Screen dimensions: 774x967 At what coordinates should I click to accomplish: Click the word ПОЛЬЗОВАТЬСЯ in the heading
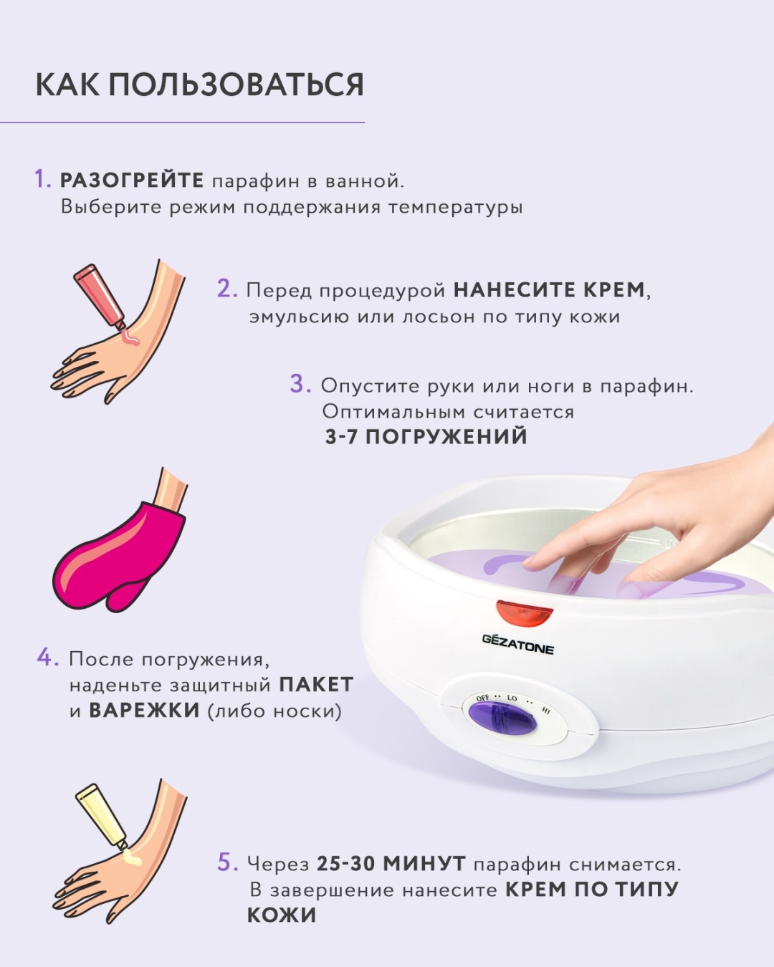pyautogui.click(x=236, y=85)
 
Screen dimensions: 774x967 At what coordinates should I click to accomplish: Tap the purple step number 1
pyautogui.click(x=43, y=180)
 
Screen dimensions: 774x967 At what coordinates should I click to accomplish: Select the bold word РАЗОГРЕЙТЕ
pyautogui.click(x=132, y=181)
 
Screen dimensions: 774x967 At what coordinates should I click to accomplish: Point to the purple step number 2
pyautogui.click(x=227, y=289)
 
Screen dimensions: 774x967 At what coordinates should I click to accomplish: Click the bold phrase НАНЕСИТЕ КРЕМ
pyautogui.click(x=549, y=290)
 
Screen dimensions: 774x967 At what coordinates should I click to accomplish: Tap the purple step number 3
pyautogui.click(x=300, y=384)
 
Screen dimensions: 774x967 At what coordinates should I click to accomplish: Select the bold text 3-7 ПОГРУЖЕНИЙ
pyautogui.click(x=426, y=436)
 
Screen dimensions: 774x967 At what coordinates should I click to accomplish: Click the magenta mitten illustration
pyautogui.click(x=118, y=556)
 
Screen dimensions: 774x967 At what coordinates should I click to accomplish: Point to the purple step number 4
pyautogui.click(x=48, y=658)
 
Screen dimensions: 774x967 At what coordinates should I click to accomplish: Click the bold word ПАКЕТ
pyautogui.click(x=316, y=685)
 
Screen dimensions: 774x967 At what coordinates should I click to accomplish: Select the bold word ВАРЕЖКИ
pyautogui.click(x=144, y=711)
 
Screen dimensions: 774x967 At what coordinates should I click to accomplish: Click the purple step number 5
pyautogui.click(x=228, y=862)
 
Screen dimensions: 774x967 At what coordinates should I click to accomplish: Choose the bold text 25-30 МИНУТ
pyautogui.click(x=391, y=862)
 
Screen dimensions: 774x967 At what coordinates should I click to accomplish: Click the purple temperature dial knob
pyautogui.click(x=503, y=718)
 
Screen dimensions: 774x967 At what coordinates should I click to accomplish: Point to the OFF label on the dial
pyautogui.click(x=482, y=698)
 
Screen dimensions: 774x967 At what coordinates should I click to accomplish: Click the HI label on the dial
pyautogui.click(x=546, y=711)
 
